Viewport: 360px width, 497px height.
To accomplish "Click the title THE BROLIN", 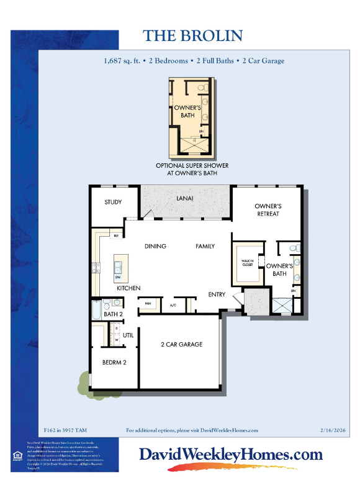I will point(192,35).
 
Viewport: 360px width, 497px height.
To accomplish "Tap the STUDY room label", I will point(113,202).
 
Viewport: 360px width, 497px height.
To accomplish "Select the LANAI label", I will point(185,198).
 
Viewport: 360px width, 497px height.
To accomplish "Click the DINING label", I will point(155,246).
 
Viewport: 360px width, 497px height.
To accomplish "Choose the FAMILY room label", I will point(205,246).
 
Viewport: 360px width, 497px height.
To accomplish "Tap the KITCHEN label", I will point(128,288).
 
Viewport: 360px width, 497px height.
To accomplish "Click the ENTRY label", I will point(217,294).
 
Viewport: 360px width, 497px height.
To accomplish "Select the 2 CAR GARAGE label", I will point(182,344).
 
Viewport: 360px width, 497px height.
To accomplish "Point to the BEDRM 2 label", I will point(115,362).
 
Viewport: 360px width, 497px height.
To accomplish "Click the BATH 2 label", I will point(112,314).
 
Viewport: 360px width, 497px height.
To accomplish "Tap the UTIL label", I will point(128,335).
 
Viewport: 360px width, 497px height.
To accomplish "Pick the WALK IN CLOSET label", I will point(248,263).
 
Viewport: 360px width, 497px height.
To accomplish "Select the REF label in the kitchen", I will point(115,236).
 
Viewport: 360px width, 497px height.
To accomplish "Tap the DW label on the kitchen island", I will point(117,277).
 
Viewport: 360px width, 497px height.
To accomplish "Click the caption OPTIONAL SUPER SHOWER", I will point(192,166).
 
